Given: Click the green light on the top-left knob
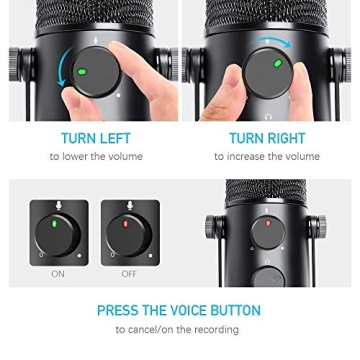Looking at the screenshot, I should pyautogui.click(x=82, y=71).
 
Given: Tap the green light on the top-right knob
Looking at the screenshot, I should pyautogui.click(x=278, y=63).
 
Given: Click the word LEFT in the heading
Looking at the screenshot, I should pyautogui.click(x=116, y=139).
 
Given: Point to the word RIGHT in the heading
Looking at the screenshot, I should pyautogui.click(x=285, y=139).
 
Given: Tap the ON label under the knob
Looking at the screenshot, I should pyautogui.click(x=58, y=273).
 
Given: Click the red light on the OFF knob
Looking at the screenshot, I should pyautogui.click(x=128, y=223).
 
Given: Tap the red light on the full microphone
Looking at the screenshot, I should pyautogui.click(x=267, y=223).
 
